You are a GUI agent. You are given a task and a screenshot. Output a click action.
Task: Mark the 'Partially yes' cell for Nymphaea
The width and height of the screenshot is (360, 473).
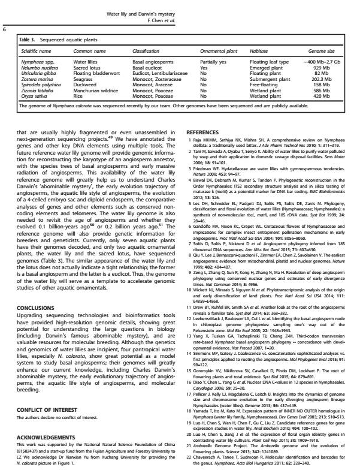pos(213,62)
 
